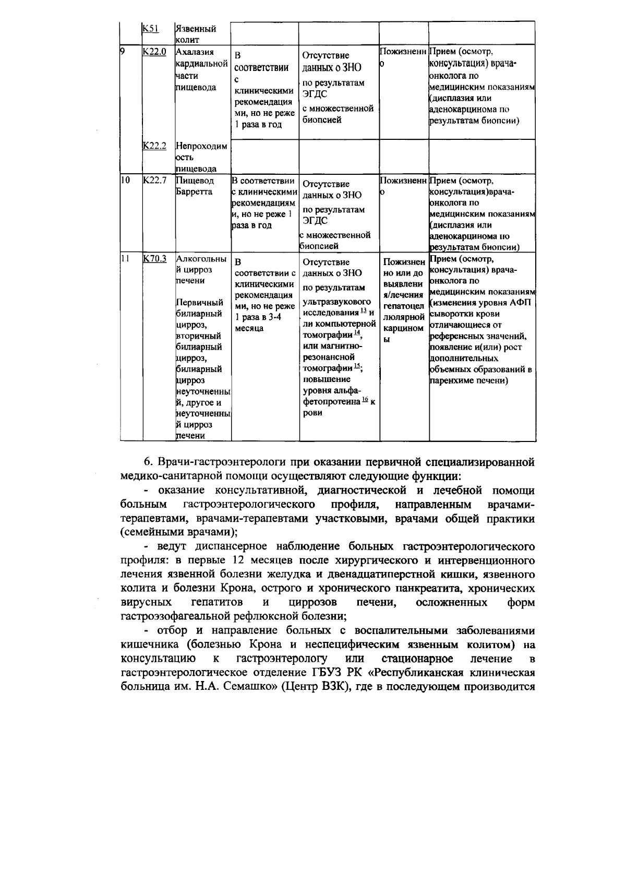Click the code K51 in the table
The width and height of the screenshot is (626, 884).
pos(151,29)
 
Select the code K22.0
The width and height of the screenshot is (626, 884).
pos(154,52)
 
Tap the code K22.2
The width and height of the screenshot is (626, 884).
pos(154,146)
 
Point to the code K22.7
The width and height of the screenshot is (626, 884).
pos(154,181)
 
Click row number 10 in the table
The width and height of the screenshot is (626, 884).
pos(125,181)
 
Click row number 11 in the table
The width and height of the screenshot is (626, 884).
pos(124,258)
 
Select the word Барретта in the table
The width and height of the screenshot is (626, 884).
pos(194,192)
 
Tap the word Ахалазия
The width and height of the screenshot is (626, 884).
pos(195,52)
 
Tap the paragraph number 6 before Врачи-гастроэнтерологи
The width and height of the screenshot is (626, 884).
pos(148,462)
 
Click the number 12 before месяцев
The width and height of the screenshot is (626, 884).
pos(235,560)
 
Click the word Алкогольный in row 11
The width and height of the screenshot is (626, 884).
pos(201,259)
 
